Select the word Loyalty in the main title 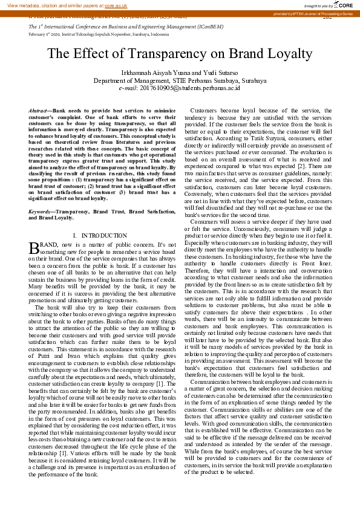[290, 53]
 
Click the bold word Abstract [39, 112]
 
